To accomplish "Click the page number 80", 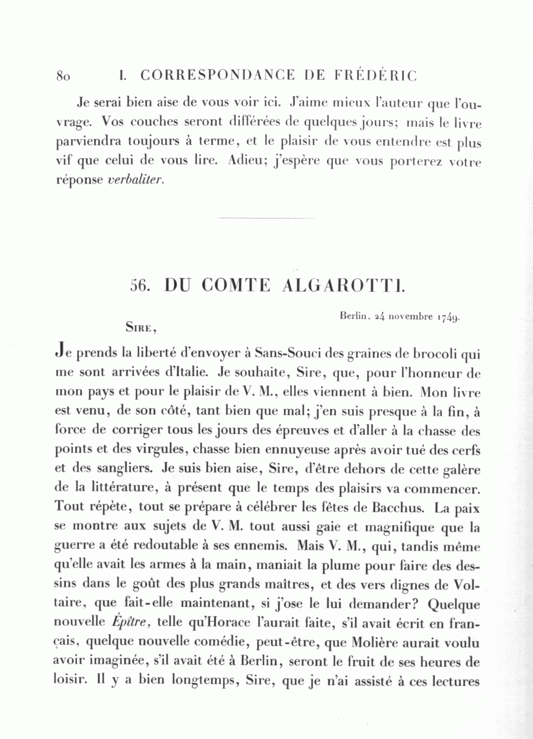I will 63,76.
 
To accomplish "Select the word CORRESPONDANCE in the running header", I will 218,76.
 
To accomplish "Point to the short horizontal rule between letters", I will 266,219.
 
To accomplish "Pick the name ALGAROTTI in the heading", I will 343,285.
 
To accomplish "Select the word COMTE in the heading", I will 236,285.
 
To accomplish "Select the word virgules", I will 154,450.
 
